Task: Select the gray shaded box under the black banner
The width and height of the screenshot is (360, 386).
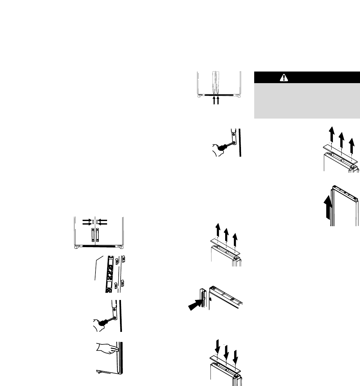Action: tap(307, 101)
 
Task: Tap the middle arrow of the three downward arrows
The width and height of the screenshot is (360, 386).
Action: tap(226, 353)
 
